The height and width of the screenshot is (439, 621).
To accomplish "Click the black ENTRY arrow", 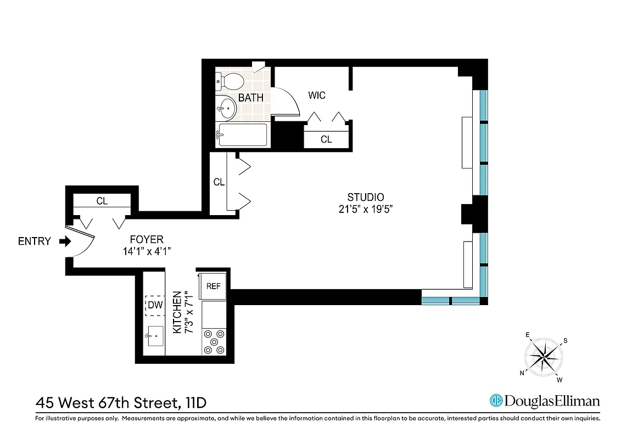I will coord(64,241).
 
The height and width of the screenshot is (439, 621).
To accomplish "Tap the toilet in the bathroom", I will coord(231,82).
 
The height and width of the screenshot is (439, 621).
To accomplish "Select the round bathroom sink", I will coord(226,108).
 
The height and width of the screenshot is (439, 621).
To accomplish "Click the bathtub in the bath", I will coord(242,135).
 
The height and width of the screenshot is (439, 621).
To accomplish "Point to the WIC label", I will coord(317,95).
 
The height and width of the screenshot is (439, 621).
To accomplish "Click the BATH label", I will coord(250,98).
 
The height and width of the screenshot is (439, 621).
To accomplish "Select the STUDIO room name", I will coord(365,198).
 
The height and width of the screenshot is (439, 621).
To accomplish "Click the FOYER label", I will coord(147,239).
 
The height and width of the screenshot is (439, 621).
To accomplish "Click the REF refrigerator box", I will coord(214,286).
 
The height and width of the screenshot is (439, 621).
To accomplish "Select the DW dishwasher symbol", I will coord(155,306).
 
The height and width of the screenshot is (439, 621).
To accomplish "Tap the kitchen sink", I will coord(154,335).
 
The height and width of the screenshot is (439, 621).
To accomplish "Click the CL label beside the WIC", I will coord(326,139).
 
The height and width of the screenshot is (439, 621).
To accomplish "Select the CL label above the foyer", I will coord(102,201).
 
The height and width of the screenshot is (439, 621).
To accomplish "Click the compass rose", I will coord(543,357).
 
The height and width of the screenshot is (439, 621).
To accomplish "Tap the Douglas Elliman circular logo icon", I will coord(496,401).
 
